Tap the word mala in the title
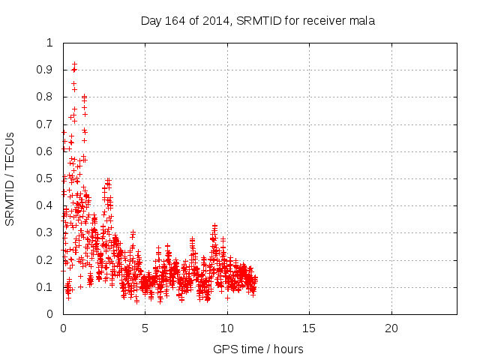pos(361,20)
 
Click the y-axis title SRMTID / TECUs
pos(10,178)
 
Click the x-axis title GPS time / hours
pos(259,349)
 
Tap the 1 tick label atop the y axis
pos(50,43)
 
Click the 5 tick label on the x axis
pos(145,328)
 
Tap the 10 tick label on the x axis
pos(227,328)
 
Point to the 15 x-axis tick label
pos(309,328)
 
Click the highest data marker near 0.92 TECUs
pos(74,64)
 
